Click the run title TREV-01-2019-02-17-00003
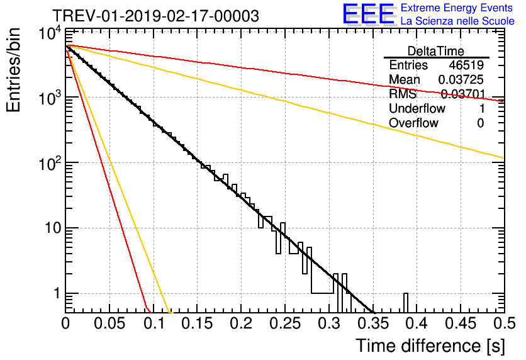(x=155, y=16)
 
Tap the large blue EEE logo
(x=368, y=14)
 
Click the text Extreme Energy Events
(x=457, y=8)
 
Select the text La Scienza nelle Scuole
(x=457, y=21)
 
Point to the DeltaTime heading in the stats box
(x=435, y=51)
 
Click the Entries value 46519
(x=466, y=65)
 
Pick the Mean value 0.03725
(x=461, y=79)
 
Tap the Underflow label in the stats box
(x=417, y=108)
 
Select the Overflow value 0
(x=480, y=123)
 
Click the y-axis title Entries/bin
(x=13, y=70)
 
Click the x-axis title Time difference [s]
(x=430, y=346)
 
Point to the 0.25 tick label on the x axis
(x=285, y=323)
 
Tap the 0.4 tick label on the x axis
(x=417, y=323)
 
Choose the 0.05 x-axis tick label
(x=109, y=323)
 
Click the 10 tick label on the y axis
(x=53, y=228)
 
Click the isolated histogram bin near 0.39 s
(x=406, y=302)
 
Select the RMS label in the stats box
(x=403, y=94)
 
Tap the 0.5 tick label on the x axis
(x=504, y=323)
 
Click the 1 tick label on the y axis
(x=57, y=293)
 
